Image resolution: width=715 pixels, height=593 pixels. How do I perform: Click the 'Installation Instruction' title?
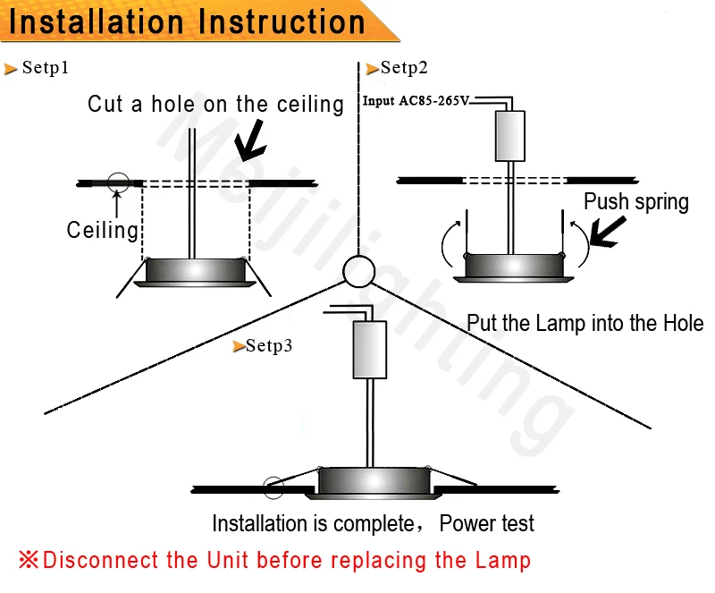click(187, 21)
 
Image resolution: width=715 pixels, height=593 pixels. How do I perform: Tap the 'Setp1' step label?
click(45, 68)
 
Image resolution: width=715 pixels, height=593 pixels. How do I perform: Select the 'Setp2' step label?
click(404, 68)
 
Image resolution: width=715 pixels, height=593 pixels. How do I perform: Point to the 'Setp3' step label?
click(269, 346)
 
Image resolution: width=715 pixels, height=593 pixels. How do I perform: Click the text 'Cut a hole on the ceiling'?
click(215, 105)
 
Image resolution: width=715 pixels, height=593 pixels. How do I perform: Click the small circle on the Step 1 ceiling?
click(117, 182)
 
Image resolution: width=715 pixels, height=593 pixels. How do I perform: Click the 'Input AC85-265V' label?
click(416, 101)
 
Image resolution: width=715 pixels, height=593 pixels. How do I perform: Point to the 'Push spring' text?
click(635, 202)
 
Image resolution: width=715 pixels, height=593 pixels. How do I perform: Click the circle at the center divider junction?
click(359, 271)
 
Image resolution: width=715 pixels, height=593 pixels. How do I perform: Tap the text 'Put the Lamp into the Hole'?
click(585, 324)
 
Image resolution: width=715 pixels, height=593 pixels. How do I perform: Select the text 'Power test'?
click(486, 523)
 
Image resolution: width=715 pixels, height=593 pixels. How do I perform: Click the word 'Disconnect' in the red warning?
click(100, 561)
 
